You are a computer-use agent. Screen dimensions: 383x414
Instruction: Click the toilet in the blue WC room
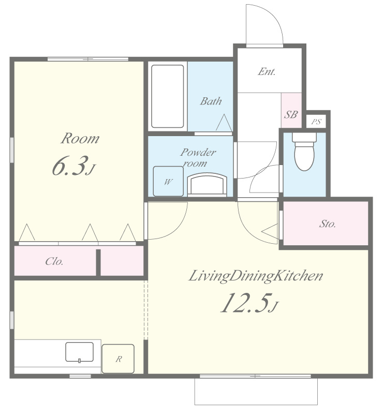pos(304,152)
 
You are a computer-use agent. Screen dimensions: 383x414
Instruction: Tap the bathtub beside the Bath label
pos(168,96)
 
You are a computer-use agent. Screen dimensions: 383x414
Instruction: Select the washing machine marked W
pos(168,182)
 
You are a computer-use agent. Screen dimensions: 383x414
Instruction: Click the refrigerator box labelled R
pos(118,359)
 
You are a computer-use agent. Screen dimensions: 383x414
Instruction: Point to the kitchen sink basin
pos(79,352)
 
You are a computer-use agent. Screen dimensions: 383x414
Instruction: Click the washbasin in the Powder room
pos(207,184)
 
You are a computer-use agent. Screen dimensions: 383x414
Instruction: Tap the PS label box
pos(316,122)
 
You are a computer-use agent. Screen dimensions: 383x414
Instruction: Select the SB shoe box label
pos(291,114)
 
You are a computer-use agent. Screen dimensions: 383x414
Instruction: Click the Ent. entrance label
pos(267,71)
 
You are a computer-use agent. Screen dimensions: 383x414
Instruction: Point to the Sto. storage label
pos(327,224)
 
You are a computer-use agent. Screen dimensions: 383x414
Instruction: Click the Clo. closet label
pos(54,261)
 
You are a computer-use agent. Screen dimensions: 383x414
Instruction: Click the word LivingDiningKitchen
pos(256,276)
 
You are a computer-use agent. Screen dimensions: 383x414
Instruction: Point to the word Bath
pos(211,101)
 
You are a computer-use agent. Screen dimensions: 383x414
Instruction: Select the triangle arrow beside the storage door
pos(270,231)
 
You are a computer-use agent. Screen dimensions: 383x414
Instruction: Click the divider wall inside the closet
pos(98,262)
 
